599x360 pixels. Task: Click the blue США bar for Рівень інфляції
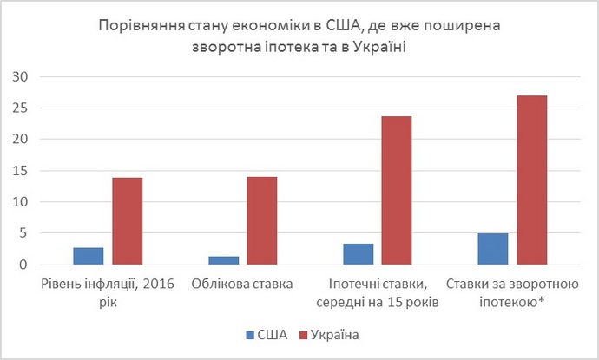pos(89,256)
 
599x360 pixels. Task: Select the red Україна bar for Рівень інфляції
pos(127,221)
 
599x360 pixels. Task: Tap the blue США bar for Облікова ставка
pos(224,260)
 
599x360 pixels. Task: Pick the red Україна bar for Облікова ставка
pos(261,221)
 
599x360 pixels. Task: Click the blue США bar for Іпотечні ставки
pos(359,254)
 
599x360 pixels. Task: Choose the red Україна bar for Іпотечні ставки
pos(397,191)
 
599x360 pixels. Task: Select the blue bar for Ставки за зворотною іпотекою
pos(493,249)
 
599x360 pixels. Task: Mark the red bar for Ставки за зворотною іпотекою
pos(531,180)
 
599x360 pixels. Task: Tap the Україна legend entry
pos(322,334)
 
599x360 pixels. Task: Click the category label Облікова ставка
pos(242,284)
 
